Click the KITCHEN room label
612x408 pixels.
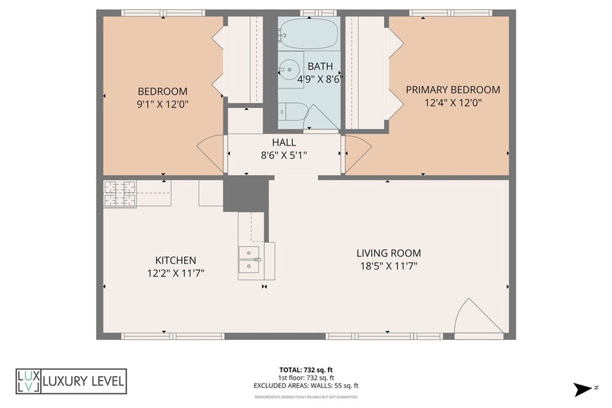pos(176,260)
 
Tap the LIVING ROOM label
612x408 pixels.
pos(388,253)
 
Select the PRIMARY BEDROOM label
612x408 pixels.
pos(452,90)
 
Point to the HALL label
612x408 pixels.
pos(284,142)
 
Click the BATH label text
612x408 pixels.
pos(320,66)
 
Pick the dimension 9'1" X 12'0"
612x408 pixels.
pos(163,103)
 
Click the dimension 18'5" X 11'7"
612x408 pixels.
pos(388,266)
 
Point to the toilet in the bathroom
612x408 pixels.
pos(292,112)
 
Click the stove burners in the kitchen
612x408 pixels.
pos(120,193)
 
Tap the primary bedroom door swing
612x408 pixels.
pos(357,154)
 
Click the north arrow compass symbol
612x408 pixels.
pos(583,389)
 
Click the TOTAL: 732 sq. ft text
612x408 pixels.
pos(306,369)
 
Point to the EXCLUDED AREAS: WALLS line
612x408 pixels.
pos(306,386)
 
